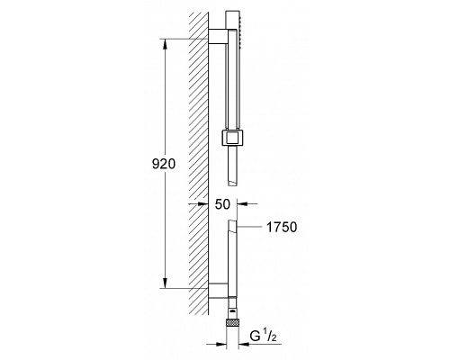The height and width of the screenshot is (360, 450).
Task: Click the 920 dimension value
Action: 164,164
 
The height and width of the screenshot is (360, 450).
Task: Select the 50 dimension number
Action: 222,204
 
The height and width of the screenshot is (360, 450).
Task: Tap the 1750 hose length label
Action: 282,227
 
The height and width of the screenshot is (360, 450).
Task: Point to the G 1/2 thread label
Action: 263,336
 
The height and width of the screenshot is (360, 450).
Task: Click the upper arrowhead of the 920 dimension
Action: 165,44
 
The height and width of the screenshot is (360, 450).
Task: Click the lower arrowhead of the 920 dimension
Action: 165,283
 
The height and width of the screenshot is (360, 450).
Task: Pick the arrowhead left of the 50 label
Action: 203,204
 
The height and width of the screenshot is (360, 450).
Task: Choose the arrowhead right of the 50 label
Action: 242,204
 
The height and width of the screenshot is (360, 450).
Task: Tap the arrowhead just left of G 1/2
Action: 244,344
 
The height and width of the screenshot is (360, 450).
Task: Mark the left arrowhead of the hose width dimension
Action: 220,344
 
